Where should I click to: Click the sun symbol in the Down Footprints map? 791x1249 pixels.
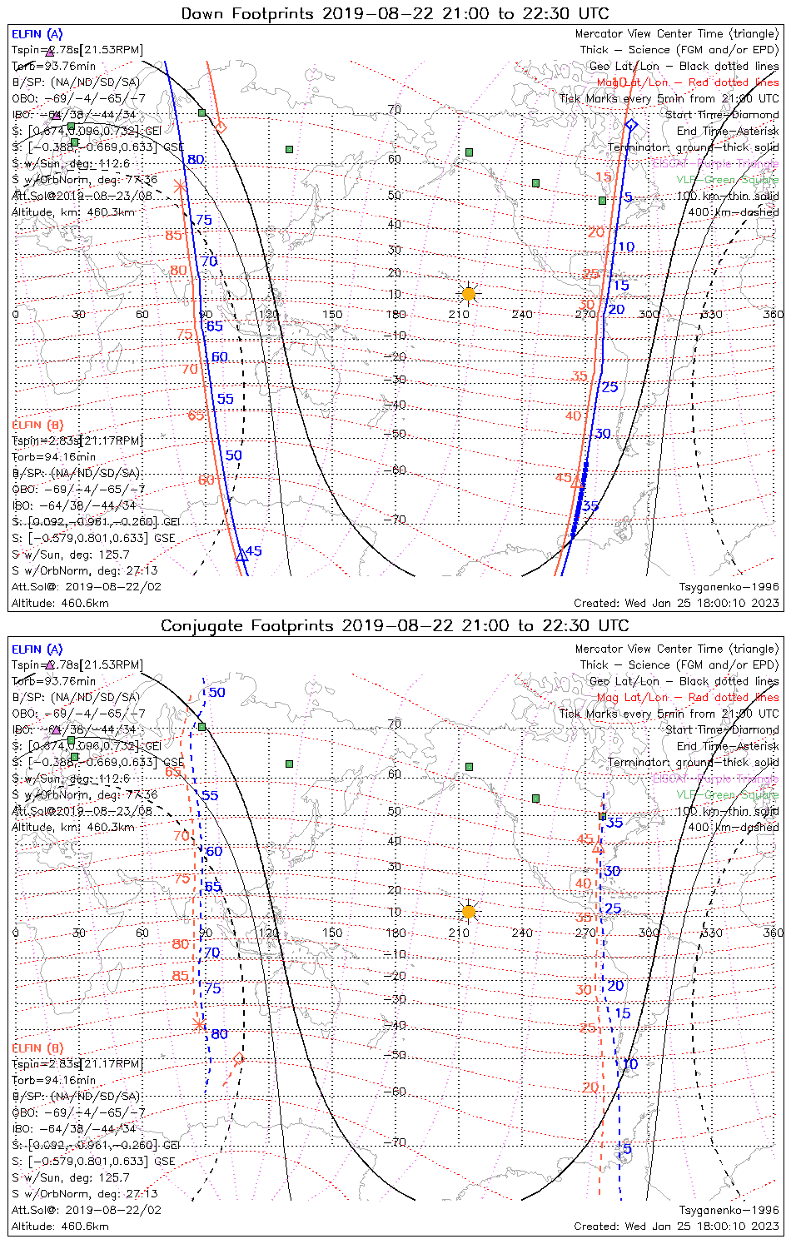click(x=469, y=294)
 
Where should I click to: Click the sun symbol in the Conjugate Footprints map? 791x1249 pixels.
click(x=469, y=912)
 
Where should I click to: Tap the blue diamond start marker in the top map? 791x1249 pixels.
click(x=631, y=125)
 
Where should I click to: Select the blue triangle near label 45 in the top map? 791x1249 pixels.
click(x=241, y=555)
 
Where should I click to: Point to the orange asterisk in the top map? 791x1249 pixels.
click(x=179, y=185)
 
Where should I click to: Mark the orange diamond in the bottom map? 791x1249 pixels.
click(x=239, y=1059)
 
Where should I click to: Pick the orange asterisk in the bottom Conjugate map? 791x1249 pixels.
click(x=198, y=1023)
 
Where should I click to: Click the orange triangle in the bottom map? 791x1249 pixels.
click(x=597, y=848)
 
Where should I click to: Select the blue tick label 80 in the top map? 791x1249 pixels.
click(x=196, y=160)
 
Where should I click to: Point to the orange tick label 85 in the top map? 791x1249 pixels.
click(x=173, y=236)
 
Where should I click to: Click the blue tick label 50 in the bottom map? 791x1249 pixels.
click(x=216, y=693)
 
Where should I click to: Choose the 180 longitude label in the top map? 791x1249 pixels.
click(x=396, y=315)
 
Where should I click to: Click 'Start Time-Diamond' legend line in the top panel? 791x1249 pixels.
click(x=722, y=115)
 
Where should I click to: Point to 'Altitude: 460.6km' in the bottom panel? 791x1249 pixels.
click(x=60, y=1227)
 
